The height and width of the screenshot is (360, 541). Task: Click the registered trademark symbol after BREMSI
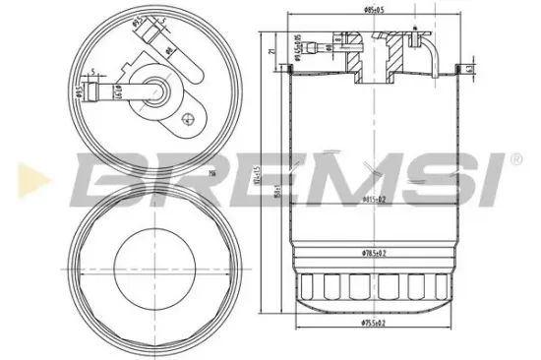(514, 158)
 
